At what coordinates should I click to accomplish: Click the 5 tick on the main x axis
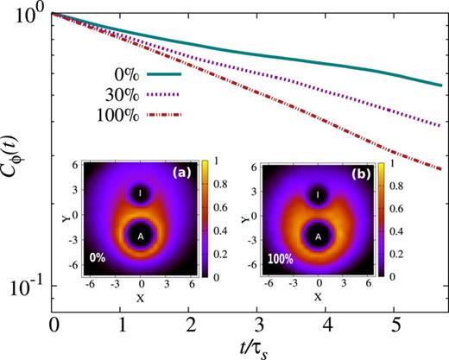click(x=393, y=322)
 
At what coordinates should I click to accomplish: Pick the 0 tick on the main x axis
click(x=54, y=322)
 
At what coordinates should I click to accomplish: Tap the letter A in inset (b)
click(x=319, y=235)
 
